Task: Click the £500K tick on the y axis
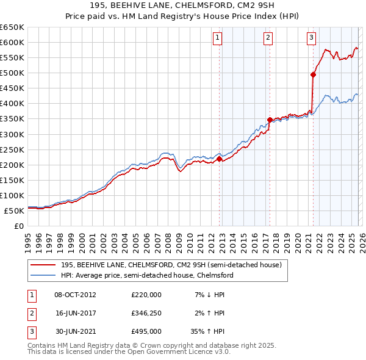pyautogui.click(x=12, y=73)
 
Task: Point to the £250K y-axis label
pyautogui.click(x=12, y=149)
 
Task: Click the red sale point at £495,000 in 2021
pyautogui.click(x=314, y=74)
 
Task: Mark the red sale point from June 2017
pyautogui.click(x=270, y=120)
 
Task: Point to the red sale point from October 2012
pyautogui.click(x=219, y=159)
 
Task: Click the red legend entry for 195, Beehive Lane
pyautogui.click(x=171, y=265)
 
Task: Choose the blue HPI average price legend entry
pyautogui.click(x=147, y=275)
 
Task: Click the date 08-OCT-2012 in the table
pyautogui.click(x=75, y=294)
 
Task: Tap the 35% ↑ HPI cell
pyautogui.click(x=208, y=332)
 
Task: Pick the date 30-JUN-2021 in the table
pyautogui.click(x=75, y=332)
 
